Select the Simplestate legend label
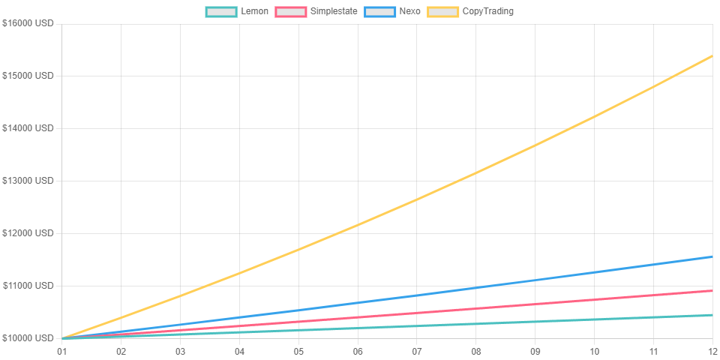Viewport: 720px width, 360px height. pyautogui.click(x=333, y=11)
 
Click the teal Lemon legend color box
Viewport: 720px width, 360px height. pyautogui.click(x=221, y=11)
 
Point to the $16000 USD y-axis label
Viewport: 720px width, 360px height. pyautogui.click(x=28, y=23)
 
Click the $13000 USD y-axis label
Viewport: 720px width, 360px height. pyautogui.click(x=28, y=181)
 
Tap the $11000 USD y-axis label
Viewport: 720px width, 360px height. pyautogui.click(x=28, y=286)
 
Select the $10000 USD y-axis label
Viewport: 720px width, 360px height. pyautogui.click(x=28, y=338)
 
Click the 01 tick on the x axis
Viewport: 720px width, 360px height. pyautogui.click(x=61, y=352)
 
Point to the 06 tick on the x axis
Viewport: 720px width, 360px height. pyautogui.click(x=357, y=352)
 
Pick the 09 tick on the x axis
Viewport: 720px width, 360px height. pyautogui.click(x=535, y=352)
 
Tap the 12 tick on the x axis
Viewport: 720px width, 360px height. pyautogui.click(x=712, y=352)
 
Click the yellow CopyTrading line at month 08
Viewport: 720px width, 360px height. pyautogui.click(x=475, y=172)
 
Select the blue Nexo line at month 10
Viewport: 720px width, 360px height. pyautogui.click(x=594, y=272)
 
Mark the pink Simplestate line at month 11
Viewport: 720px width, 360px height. pyautogui.click(x=653, y=295)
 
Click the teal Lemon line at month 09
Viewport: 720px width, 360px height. pyautogui.click(x=535, y=322)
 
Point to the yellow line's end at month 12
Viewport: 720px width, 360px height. pyautogui.click(x=712, y=55)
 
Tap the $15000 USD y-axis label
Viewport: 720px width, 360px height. pyautogui.click(x=28, y=75)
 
